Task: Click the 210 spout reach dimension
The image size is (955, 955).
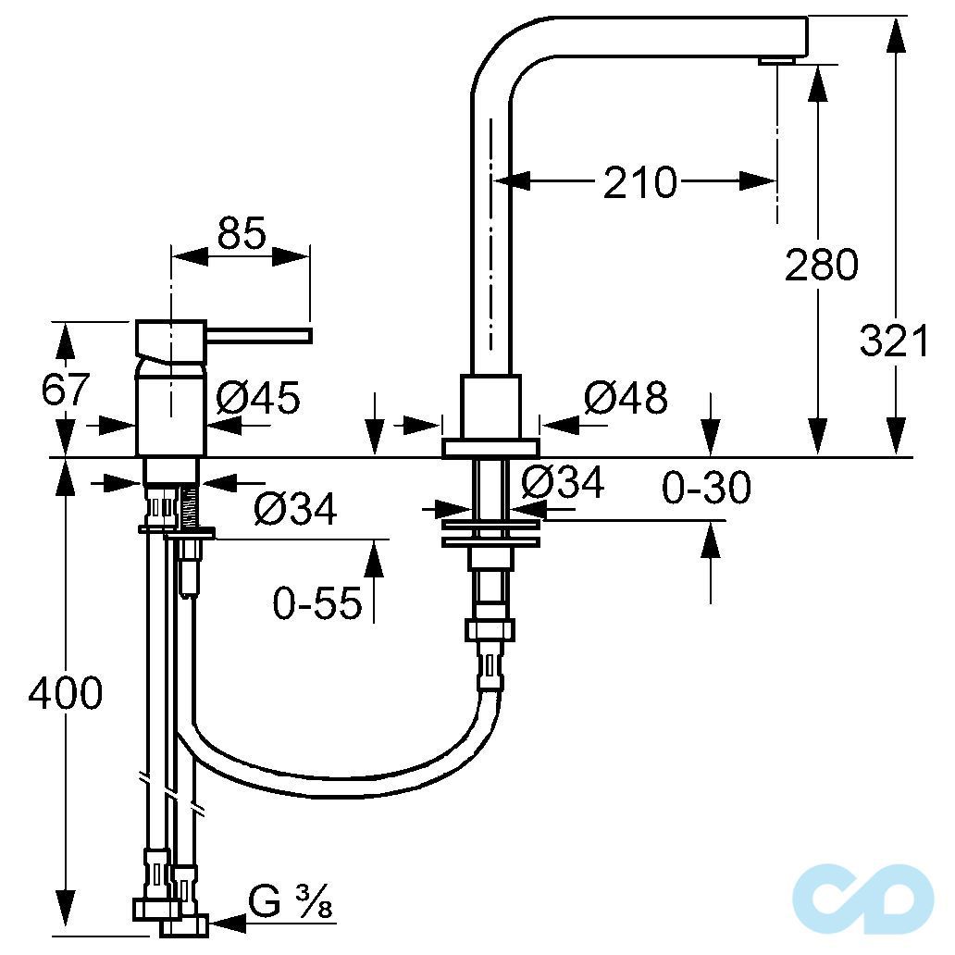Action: (x=639, y=181)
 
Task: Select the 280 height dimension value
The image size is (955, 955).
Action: (x=821, y=265)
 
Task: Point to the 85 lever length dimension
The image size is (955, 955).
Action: (x=242, y=232)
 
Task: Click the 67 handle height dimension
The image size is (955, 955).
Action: (x=65, y=389)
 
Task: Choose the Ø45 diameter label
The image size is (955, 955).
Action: (x=258, y=398)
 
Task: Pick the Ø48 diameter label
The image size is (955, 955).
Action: (x=626, y=398)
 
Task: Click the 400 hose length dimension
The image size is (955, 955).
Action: (x=65, y=692)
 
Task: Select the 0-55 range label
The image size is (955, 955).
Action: (x=316, y=603)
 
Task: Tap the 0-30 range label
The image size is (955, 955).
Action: (x=706, y=488)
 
